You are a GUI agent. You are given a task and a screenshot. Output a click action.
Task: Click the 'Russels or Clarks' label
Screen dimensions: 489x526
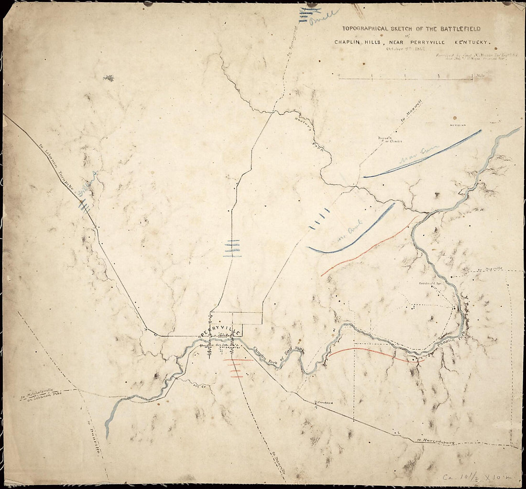(x=389, y=141)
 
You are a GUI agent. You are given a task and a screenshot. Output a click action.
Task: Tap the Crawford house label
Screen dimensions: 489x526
(x=324, y=403)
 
